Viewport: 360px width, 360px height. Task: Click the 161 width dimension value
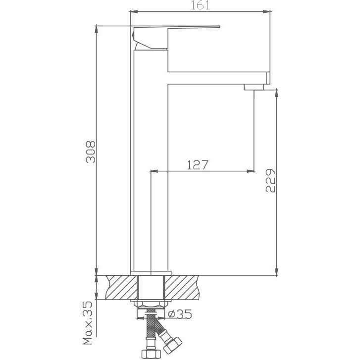pyautogui.click(x=200, y=5)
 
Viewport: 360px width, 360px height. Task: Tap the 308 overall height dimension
pyautogui.click(x=91, y=152)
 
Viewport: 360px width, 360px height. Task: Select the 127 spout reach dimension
pyautogui.click(x=198, y=165)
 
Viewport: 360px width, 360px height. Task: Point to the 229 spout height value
pyautogui.click(x=270, y=181)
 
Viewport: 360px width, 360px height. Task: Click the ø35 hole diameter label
pyautogui.click(x=180, y=314)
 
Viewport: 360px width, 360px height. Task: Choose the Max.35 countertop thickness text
pyautogui.click(x=88, y=323)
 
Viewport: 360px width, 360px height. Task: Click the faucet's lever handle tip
pyautogui.click(x=219, y=27)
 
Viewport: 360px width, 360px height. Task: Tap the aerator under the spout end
pyautogui.click(x=254, y=87)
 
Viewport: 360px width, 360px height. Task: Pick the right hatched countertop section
pyautogui.click(x=181, y=287)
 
